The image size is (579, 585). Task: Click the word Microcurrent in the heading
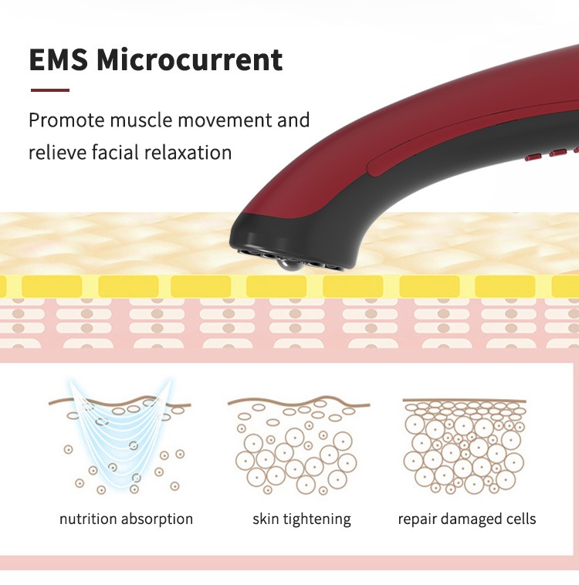click(x=191, y=59)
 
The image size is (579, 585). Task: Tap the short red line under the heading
click(x=49, y=90)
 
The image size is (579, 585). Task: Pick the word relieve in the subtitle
click(x=56, y=153)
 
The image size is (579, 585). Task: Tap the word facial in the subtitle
click(x=115, y=153)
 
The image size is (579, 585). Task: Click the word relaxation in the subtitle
click(x=188, y=153)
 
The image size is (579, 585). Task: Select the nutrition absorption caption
click(x=126, y=519)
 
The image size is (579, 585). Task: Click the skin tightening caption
click(x=301, y=519)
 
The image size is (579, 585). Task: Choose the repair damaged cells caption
click(x=466, y=519)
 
